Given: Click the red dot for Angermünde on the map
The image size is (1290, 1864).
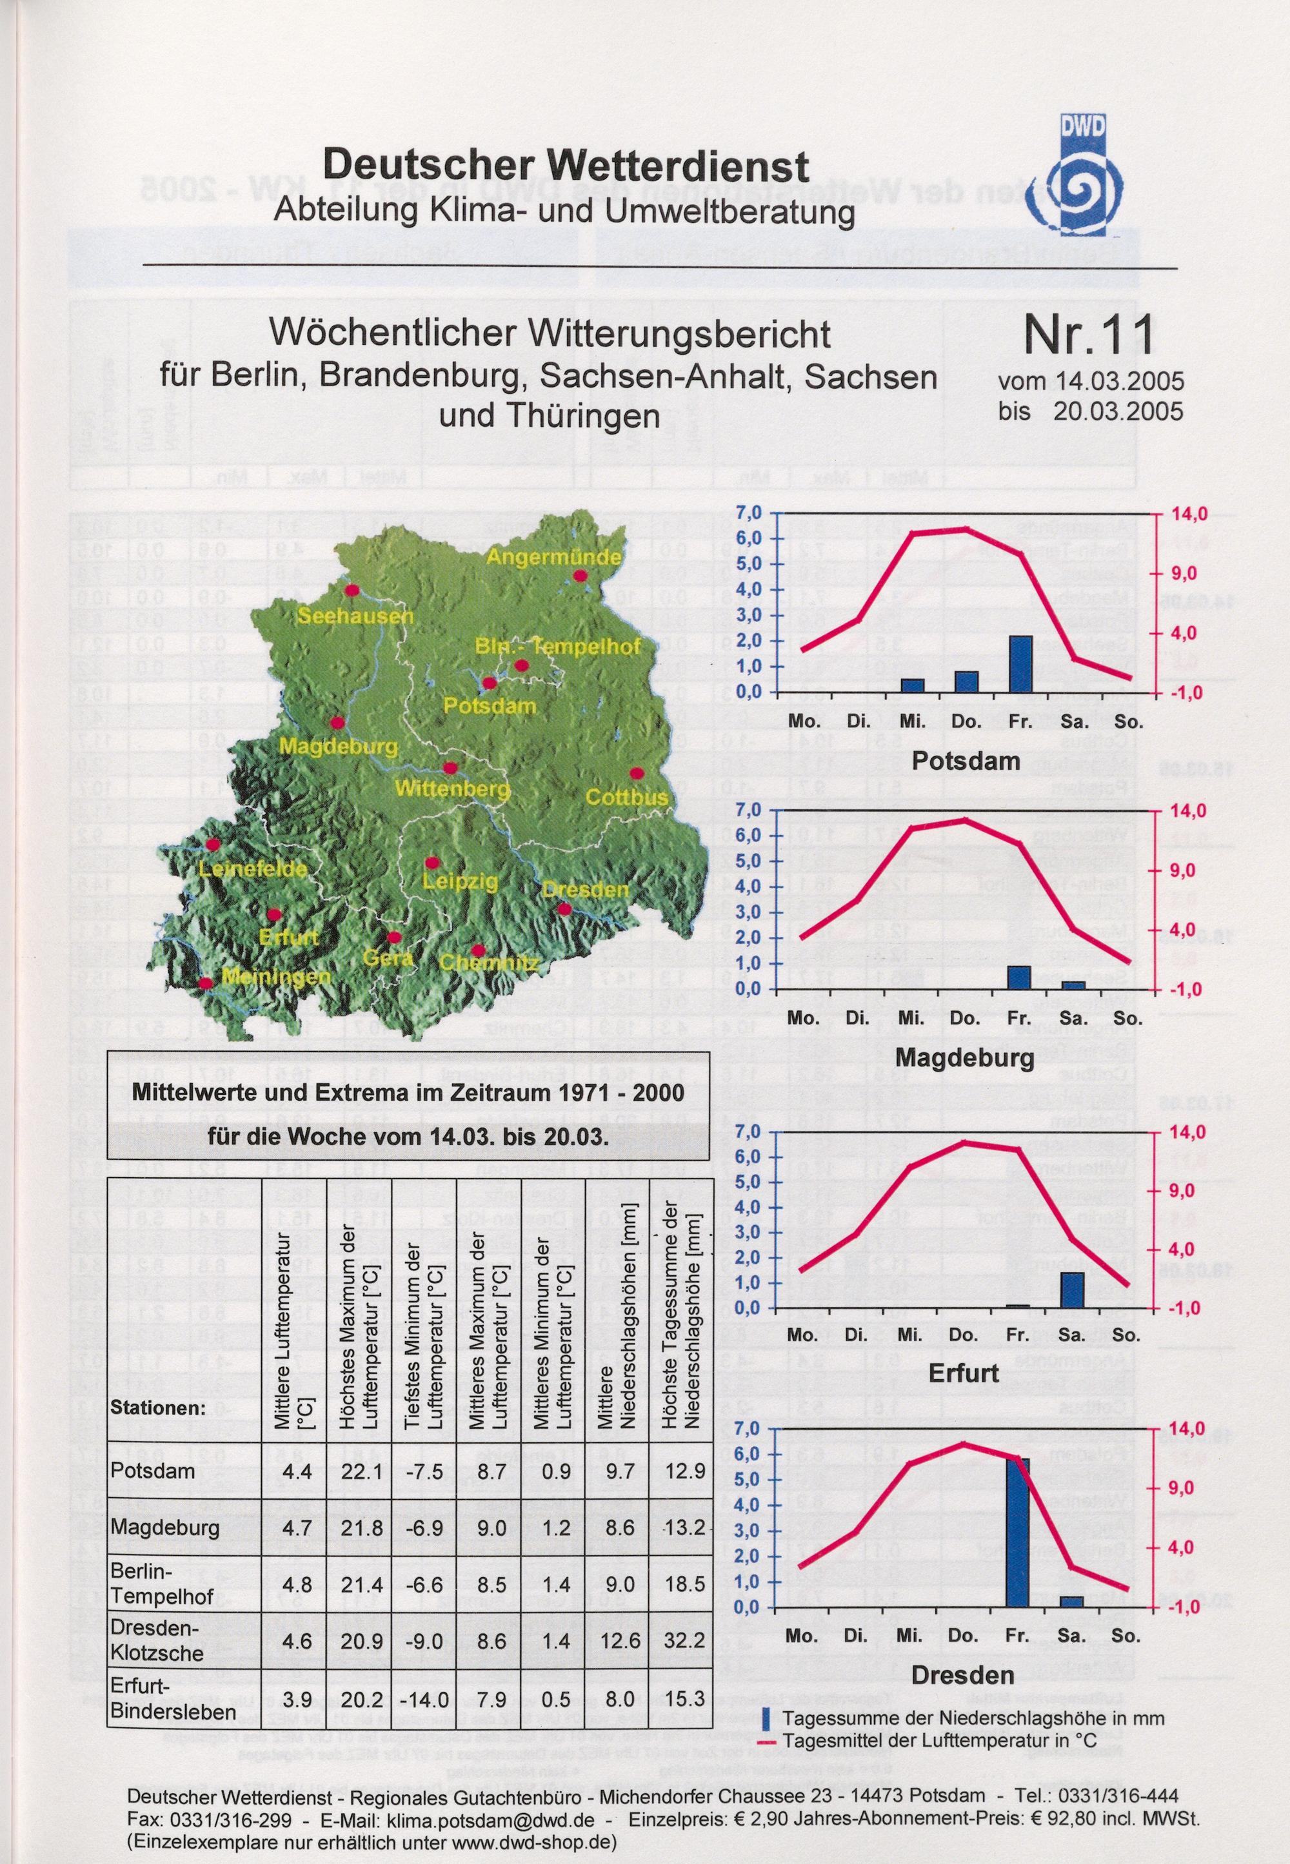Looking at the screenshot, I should tap(579, 575).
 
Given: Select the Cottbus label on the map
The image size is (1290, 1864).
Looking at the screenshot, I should tap(627, 798).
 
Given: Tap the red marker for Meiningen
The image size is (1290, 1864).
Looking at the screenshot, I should tap(206, 983).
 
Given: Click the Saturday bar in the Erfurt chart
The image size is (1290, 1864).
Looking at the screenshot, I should tap(1072, 1290).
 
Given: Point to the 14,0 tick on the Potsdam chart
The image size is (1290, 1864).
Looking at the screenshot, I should tap(1189, 513).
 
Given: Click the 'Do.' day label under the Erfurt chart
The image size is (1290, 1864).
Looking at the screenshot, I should tap(964, 1335).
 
